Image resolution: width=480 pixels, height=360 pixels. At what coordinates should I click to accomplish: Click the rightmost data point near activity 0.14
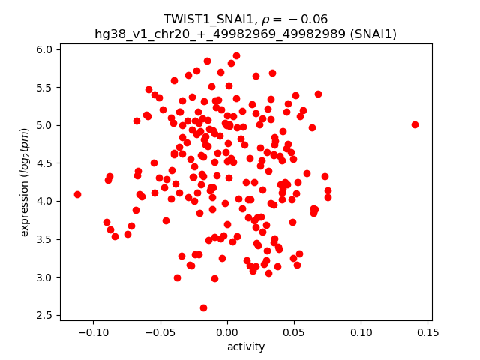(415, 124)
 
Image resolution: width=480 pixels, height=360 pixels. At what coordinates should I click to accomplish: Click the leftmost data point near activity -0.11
(77, 194)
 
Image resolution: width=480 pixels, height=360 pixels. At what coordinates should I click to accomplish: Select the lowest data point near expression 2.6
(203, 307)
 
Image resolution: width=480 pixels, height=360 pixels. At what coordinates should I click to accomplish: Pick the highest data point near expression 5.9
(236, 55)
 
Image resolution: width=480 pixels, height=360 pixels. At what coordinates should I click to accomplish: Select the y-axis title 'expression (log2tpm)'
(25, 182)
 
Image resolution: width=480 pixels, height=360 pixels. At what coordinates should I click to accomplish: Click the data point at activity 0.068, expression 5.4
(318, 94)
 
